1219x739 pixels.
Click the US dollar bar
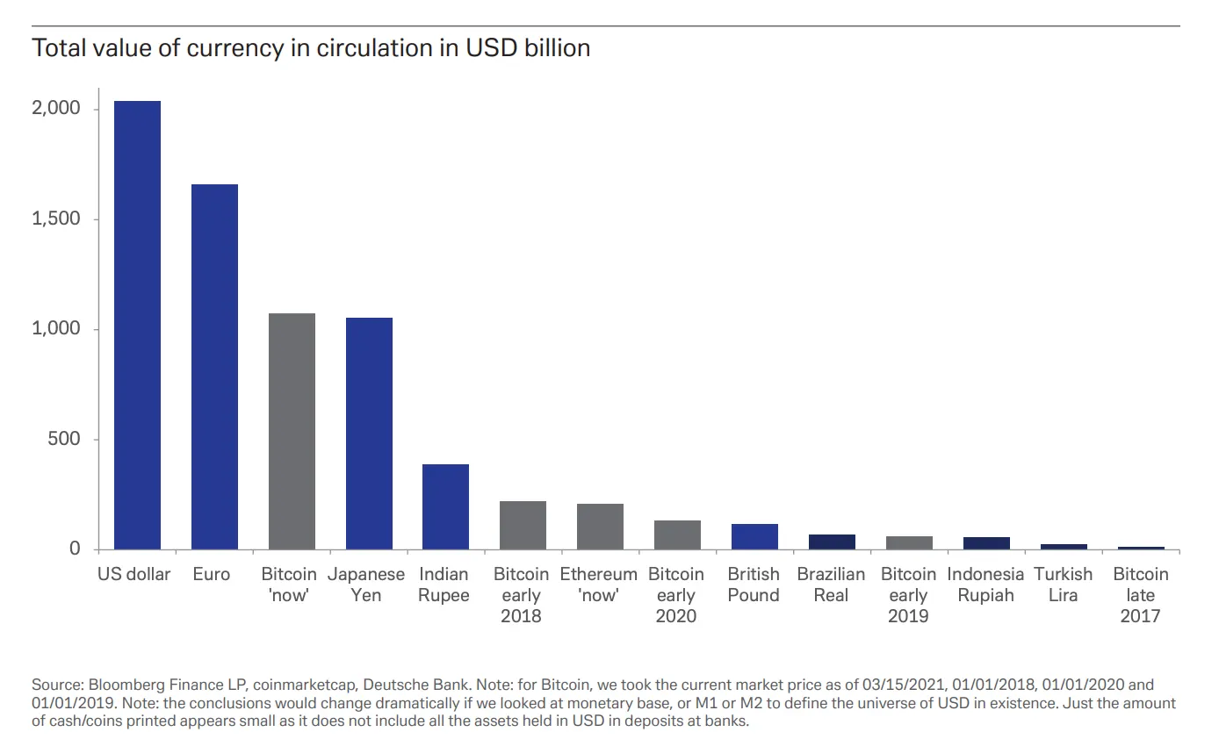138,325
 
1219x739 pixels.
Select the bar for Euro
215,367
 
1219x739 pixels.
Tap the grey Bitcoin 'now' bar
292,431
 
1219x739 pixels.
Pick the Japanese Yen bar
369,434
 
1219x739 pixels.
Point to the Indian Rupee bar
445,506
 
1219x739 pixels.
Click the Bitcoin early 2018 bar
523,525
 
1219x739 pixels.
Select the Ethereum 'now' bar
600,527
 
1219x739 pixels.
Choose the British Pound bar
754,536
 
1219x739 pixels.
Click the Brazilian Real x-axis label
831,585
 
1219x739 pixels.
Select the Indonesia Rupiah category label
985,585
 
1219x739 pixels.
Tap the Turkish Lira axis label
1063,585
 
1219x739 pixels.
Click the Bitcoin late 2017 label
1140,595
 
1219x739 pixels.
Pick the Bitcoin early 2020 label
676,595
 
